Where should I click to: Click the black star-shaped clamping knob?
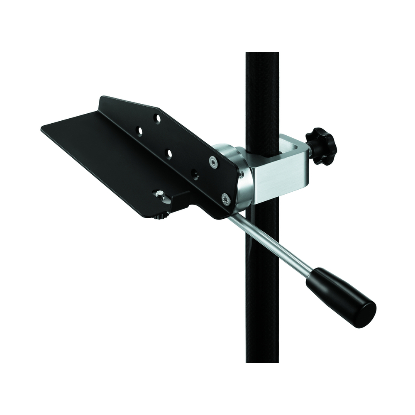(321, 145)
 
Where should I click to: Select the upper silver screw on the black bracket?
(213, 162)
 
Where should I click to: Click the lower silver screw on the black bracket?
(226, 199)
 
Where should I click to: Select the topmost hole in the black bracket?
(157, 119)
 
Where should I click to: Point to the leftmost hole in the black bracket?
(139, 131)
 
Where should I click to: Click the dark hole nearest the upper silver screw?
(195, 175)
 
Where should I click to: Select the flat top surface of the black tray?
(104, 154)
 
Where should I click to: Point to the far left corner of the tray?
(43, 129)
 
